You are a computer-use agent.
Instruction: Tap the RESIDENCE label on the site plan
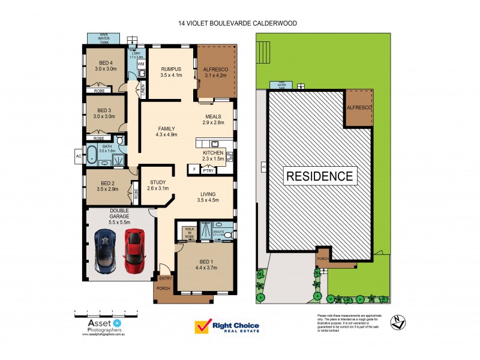tap(319, 176)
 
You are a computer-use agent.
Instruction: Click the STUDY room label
tap(158, 185)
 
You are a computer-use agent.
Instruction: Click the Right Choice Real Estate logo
tap(227, 326)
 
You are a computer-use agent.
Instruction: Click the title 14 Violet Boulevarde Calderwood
tap(238, 23)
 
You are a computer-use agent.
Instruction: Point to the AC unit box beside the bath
tap(78, 157)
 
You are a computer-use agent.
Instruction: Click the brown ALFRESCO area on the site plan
tap(358, 109)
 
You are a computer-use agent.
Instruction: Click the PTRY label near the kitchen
tap(208, 170)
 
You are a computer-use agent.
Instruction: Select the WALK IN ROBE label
tap(189, 232)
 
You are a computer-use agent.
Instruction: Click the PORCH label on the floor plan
tap(163, 289)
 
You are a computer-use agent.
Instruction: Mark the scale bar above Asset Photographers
tap(106, 312)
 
